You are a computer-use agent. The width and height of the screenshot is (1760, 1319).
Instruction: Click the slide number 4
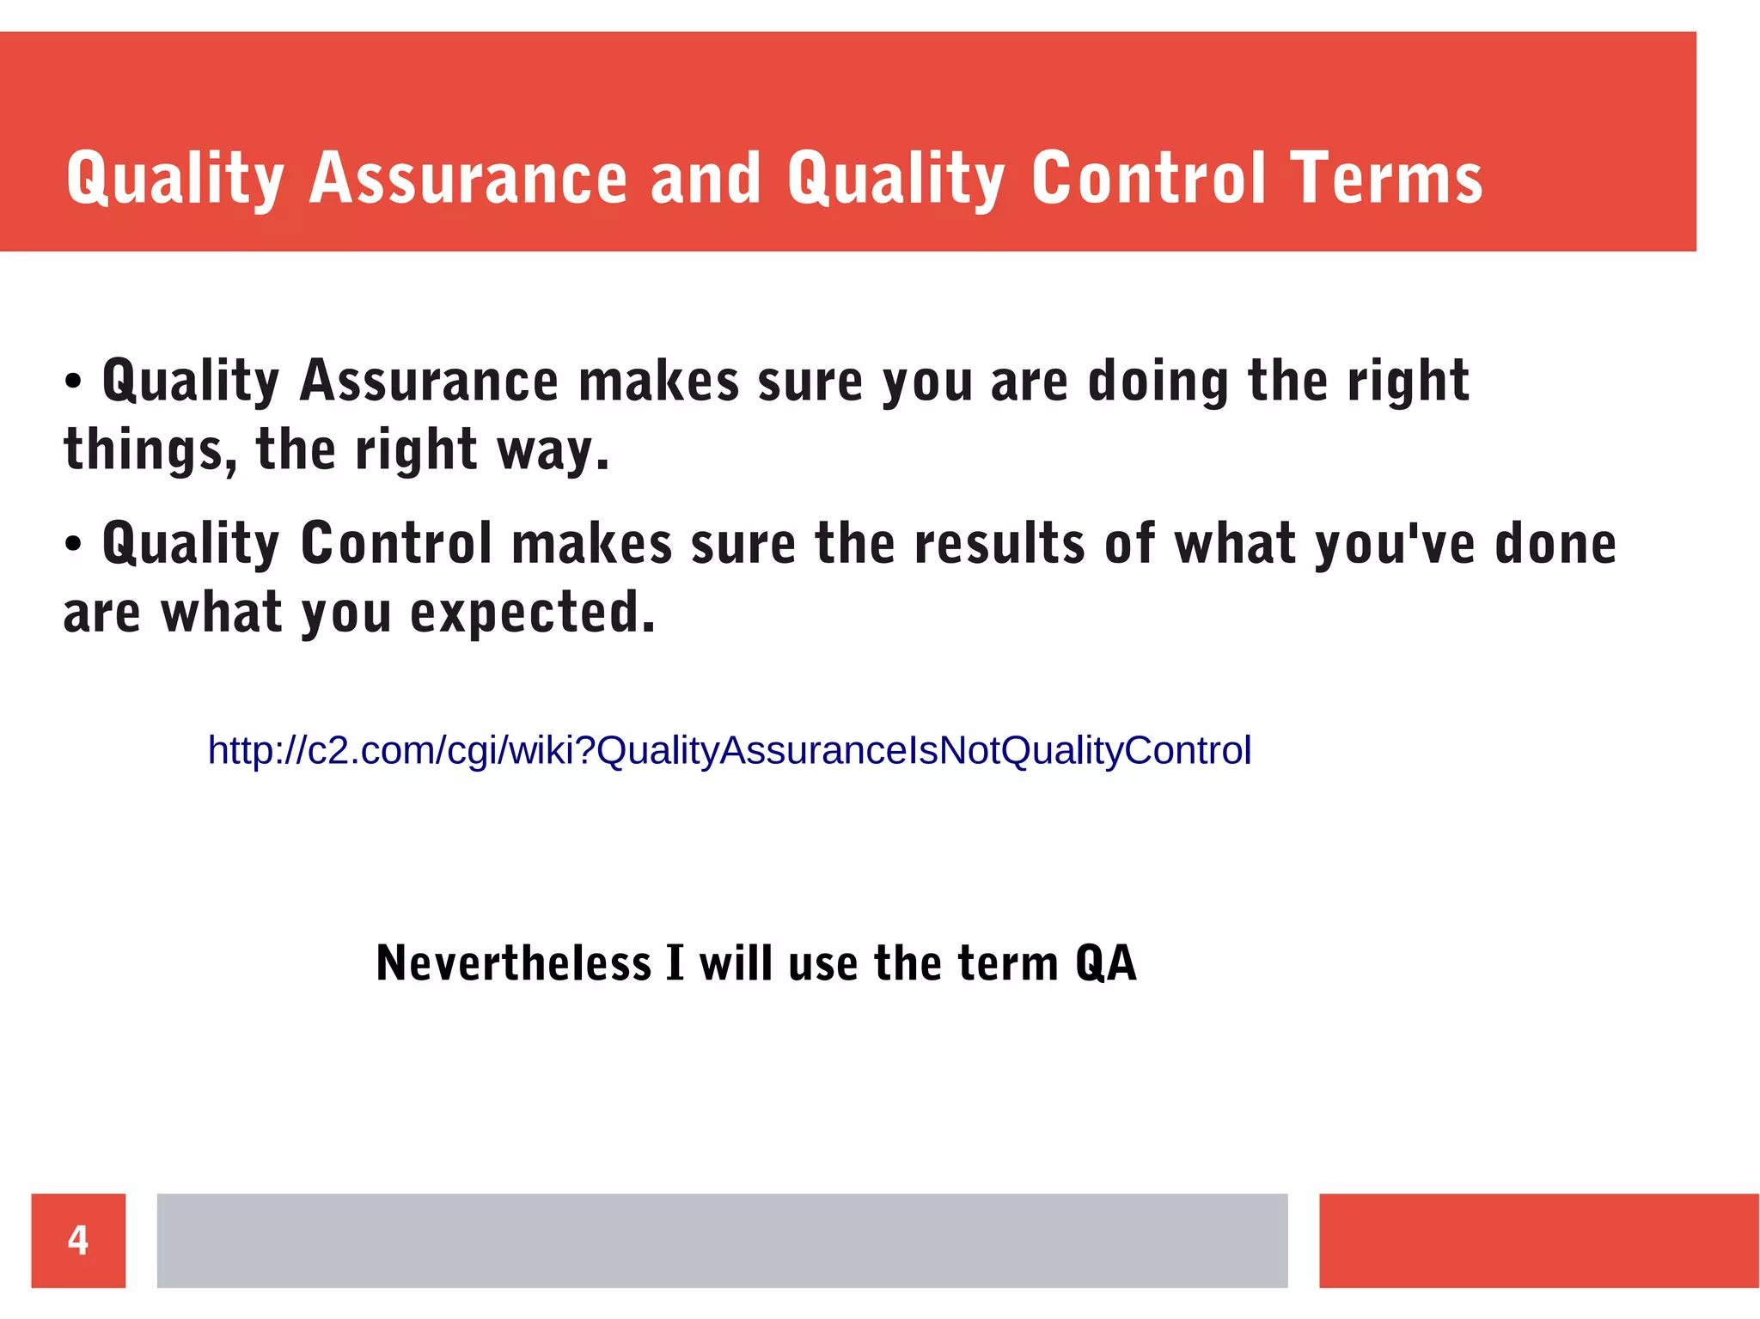point(78,1240)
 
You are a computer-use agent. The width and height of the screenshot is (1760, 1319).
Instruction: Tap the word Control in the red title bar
point(1148,179)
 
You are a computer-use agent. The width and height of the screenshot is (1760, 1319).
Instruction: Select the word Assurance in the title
point(468,179)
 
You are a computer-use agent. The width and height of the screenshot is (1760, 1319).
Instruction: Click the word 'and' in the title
point(706,179)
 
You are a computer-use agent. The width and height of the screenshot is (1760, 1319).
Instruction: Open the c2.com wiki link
point(729,750)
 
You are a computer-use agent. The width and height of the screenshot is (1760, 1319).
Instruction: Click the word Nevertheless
point(514,962)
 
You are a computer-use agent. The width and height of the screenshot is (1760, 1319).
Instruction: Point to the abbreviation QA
point(1106,962)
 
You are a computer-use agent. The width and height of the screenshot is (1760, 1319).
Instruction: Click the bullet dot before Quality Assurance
point(73,382)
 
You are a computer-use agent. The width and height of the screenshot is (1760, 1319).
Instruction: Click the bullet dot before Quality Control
point(73,545)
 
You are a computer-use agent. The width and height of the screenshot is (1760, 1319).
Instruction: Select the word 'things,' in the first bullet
point(150,450)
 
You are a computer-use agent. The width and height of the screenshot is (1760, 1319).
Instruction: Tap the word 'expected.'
point(532,614)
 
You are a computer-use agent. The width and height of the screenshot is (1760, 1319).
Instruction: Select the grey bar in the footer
point(722,1240)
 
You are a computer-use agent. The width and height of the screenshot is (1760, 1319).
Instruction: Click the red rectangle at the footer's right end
point(1538,1240)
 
